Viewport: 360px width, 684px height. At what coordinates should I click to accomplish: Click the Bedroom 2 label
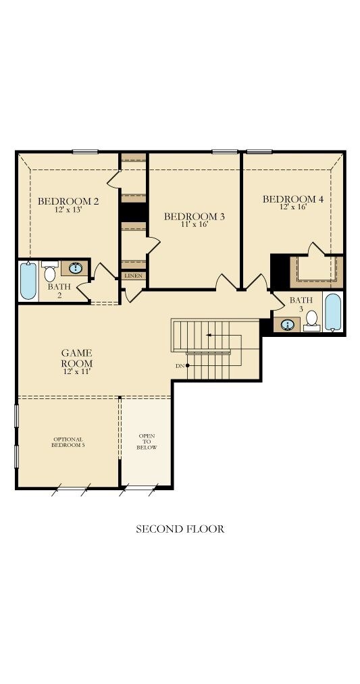tap(68, 201)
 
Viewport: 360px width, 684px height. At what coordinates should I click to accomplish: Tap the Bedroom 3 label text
tap(194, 216)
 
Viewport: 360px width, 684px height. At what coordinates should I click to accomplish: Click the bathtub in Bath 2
tap(28, 281)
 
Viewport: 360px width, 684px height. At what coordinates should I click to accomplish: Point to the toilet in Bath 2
tap(50, 271)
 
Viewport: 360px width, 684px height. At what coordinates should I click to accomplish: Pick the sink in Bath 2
tap(75, 268)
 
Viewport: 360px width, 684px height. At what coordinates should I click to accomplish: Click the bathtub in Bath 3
tap(333, 312)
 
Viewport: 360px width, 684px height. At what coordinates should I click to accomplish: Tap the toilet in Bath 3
tap(311, 321)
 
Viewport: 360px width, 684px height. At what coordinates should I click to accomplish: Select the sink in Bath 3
tap(287, 325)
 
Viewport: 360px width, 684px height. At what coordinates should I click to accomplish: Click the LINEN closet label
tap(133, 276)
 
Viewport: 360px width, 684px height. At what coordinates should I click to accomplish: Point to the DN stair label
tap(180, 366)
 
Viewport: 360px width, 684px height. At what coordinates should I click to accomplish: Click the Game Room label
tap(77, 358)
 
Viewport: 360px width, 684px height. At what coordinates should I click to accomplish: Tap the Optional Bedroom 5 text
tap(68, 442)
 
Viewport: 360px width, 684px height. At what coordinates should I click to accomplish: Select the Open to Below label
tap(146, 442)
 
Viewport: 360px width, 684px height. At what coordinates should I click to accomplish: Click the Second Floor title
tap(180, 529)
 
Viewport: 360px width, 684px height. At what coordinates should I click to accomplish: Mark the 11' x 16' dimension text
tap(194, 225)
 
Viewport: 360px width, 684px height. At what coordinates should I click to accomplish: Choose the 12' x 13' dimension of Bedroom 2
tap(68, 209)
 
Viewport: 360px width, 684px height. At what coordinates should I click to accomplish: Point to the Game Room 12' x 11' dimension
tap(77, 372)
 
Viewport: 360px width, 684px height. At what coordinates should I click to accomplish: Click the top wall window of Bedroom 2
tap(85, 152)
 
